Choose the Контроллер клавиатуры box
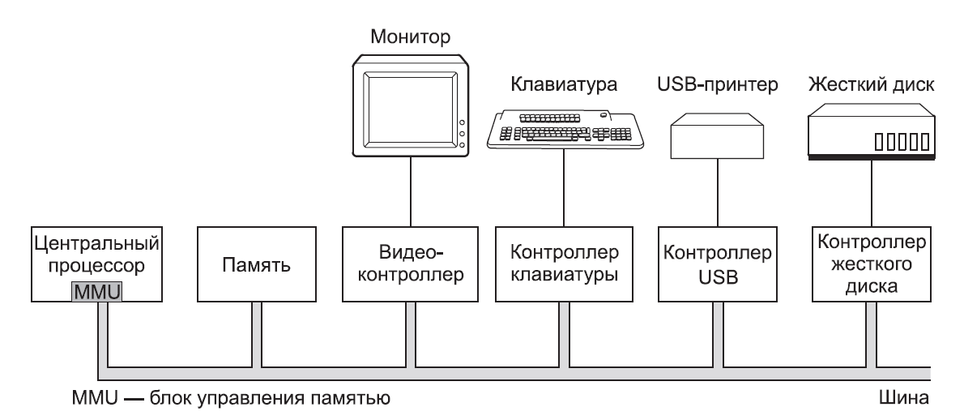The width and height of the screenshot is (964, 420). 564,264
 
